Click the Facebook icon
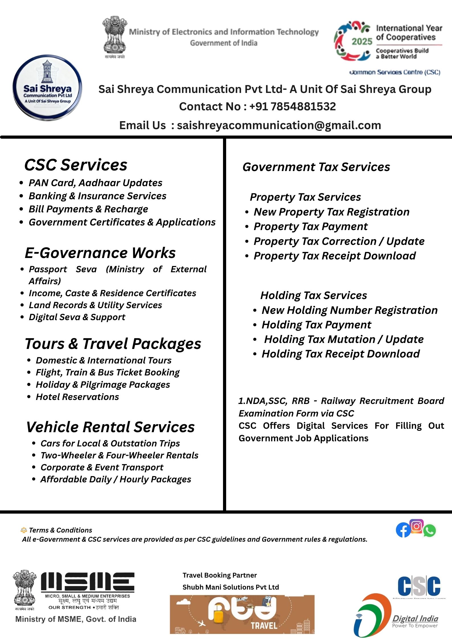click(x=403, y=531)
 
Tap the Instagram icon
click(x=416, y=526)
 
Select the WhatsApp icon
click(x=429, y=531)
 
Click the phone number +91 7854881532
click(x=293, y=107)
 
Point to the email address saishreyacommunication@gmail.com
click(x=279, y=125)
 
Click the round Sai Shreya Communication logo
click(x=47, y=88)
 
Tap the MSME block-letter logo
click(x=88, y=582)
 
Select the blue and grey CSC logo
click(x=419, y=586)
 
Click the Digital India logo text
click(x=415, y=619)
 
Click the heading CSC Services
click(x=76, y=165)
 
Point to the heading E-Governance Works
click(x=100, y=253)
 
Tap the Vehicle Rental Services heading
click(x=111, y=427)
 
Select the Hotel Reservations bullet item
click(x=77, y=397)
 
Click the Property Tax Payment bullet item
click(x=310, y=227)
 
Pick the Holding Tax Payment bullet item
click(x=316, y=325)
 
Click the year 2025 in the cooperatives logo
click(x=362, y=42)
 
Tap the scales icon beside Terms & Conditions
click(x=24, y=530)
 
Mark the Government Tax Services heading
click(x=316, y=167)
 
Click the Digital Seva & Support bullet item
click(x=77, y=317)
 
